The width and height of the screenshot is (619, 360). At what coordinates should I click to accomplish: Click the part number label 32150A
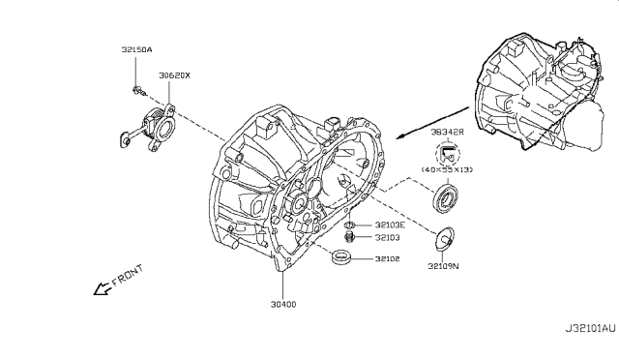[x=136, y=49]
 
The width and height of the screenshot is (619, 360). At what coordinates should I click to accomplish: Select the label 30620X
[x=174, y=75]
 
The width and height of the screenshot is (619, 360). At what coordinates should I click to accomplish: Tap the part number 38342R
[x=447, y=132]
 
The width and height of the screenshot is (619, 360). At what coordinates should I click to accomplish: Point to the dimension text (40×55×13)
[x=447, y=169]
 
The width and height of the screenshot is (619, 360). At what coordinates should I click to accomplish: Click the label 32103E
[x=390, y=225]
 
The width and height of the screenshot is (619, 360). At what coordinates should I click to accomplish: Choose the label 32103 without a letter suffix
[x=387, y=237]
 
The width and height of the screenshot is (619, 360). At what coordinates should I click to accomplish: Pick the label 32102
[x=387, y=258]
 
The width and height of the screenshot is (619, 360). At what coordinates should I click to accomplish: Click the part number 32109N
[x=443, y=266]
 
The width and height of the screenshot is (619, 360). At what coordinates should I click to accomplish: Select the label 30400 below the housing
[x=283, y=304]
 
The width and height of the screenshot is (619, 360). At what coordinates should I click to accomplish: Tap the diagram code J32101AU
[x=590, y=328]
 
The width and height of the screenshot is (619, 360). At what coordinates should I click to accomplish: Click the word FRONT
[x=128, y=275]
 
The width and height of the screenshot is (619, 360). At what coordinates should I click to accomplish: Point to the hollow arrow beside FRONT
[x=103, y=288]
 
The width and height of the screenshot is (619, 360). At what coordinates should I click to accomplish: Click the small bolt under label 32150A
[x=139, y=91]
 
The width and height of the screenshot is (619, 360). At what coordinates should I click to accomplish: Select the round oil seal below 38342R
[x=446, y=197]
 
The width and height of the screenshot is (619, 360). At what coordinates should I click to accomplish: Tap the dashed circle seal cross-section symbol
[x=448, y=155]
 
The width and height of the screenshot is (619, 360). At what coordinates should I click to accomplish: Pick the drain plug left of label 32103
[x=349, y=237]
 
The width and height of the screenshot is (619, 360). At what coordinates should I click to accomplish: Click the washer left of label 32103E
[x=349, y=225]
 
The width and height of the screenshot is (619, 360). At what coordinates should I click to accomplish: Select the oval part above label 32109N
[x=444, y=239]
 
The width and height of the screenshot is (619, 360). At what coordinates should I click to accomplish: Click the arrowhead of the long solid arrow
[x=400, y=136]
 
